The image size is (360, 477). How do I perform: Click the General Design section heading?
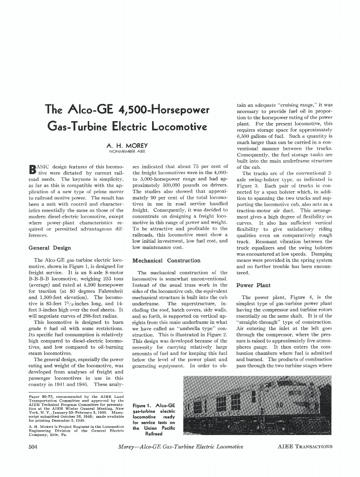point(50,248)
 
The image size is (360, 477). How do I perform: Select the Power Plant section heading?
point(253,285)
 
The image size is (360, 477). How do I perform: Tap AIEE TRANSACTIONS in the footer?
point(305,447)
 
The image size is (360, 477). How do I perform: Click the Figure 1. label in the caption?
point(144,405)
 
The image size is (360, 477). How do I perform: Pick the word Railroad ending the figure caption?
point(154,434)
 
